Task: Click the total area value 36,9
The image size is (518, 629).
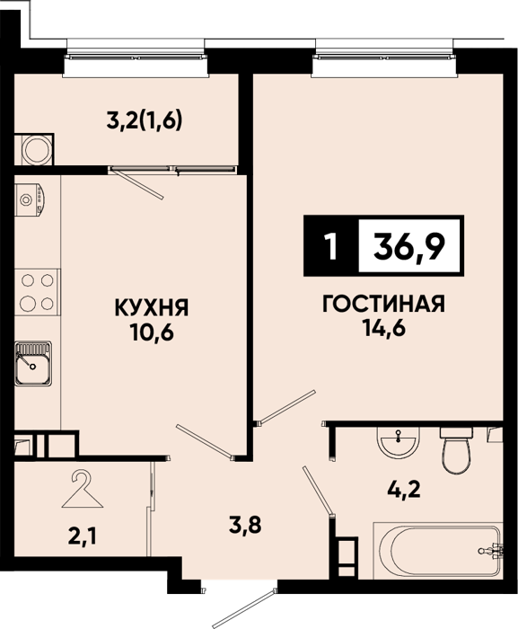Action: [409, 245]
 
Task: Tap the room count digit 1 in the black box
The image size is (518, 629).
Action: [331, 246]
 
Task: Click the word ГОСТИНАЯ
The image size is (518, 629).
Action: [383, 305]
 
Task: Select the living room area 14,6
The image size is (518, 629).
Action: [384, 329]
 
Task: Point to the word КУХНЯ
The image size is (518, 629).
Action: [152, 308]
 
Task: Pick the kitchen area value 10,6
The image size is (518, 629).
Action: [152, 332]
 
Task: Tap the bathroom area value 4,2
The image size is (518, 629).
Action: [404, 490]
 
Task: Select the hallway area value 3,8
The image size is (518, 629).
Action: [245, 525]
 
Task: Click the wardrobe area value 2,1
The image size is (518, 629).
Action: [83, 536]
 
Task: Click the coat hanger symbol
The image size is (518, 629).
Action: [83, 490]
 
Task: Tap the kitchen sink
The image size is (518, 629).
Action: [33, 364]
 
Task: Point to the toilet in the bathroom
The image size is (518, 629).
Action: [456, 451]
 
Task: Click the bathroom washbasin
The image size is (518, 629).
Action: [398, 442]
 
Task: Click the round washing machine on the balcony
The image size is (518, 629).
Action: [38, 149]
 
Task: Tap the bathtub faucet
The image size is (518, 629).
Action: [491, 551]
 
